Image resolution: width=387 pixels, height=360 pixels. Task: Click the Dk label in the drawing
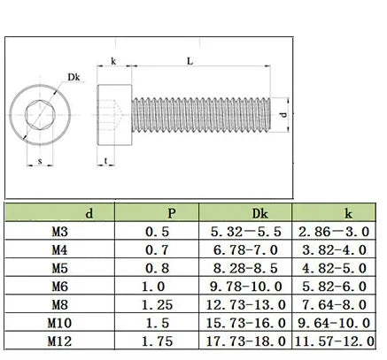(74, 77)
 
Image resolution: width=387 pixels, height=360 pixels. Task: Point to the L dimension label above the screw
(190, 61)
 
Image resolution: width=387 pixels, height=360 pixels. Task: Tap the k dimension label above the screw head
(113, 61)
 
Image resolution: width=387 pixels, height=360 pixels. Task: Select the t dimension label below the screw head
(105, 161)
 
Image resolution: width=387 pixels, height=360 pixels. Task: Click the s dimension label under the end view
(40, 161)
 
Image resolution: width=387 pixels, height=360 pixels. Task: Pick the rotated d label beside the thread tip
(283, 114)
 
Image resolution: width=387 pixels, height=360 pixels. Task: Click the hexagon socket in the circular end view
(40, 115)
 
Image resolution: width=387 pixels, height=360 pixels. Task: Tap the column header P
(172, 213)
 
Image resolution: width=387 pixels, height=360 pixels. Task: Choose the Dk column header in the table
(259, 213)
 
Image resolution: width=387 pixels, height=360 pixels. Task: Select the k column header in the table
(348, 213)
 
